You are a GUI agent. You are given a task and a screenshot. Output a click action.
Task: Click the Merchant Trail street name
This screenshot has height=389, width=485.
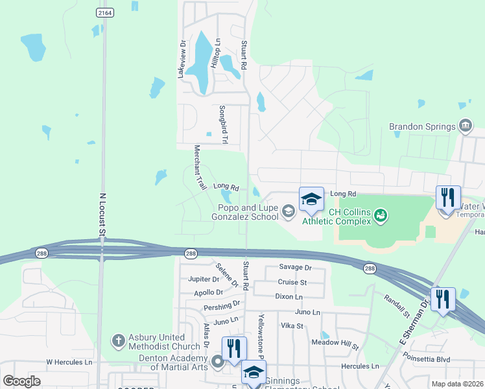click(x=199, y=167)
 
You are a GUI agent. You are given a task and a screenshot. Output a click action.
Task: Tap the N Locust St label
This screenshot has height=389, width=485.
click(x=102, y=213)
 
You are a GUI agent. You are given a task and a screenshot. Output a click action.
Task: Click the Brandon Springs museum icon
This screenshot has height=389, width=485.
click(x=464, y=126)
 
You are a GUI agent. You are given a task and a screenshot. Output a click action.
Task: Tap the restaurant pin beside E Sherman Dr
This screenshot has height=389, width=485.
click(x=443, y=300)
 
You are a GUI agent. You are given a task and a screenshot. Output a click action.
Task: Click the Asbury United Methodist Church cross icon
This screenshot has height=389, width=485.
click(x=117, y=340)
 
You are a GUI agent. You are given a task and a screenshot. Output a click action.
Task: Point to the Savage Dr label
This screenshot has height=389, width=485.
click(x=295, y=267)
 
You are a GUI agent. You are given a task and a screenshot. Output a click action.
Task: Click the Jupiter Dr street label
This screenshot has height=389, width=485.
click(x=203, y=279)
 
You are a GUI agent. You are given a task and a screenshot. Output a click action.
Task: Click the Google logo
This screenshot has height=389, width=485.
click(x=21, y=381)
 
